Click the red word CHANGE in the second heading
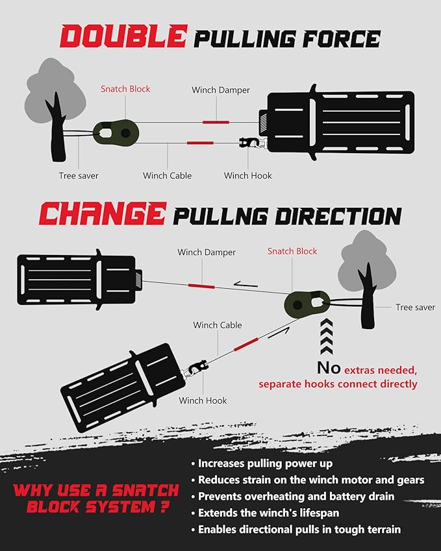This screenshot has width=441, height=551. (x=102, y=214)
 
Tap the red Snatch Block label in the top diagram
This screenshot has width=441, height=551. (x=125, y=89)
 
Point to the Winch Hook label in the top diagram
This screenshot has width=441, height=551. (x=247, y=175)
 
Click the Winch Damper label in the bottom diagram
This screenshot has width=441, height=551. (x=207, y=252)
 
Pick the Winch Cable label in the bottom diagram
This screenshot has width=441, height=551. (x=217, y=325)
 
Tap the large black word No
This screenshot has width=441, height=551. (x=329, y=368)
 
